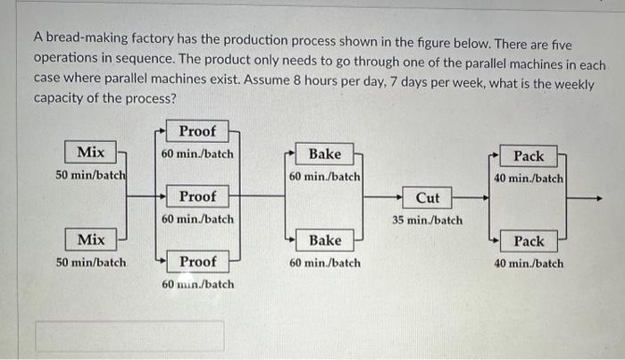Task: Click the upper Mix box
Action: (x=90, y=153)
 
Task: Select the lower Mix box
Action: (x=90, y=239)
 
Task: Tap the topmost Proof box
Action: (x=197, y=131)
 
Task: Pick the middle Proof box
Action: (x=197, y=197)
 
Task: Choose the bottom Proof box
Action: (x=197, y=262)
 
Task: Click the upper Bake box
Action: (x=324, y=155)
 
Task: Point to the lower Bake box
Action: (x=324, y=240)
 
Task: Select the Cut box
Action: (x=428, y=197)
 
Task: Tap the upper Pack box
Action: (x=529, y=156)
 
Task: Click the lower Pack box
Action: (x=529, y=241)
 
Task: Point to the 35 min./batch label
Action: (x=428, y=220)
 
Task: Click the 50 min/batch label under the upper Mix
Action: (x=90, y=175)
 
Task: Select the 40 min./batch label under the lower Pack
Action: (x=529, y=264)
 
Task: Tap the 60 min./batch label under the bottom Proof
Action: (x=197, y=284)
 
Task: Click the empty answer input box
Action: (x=129, y=336)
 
